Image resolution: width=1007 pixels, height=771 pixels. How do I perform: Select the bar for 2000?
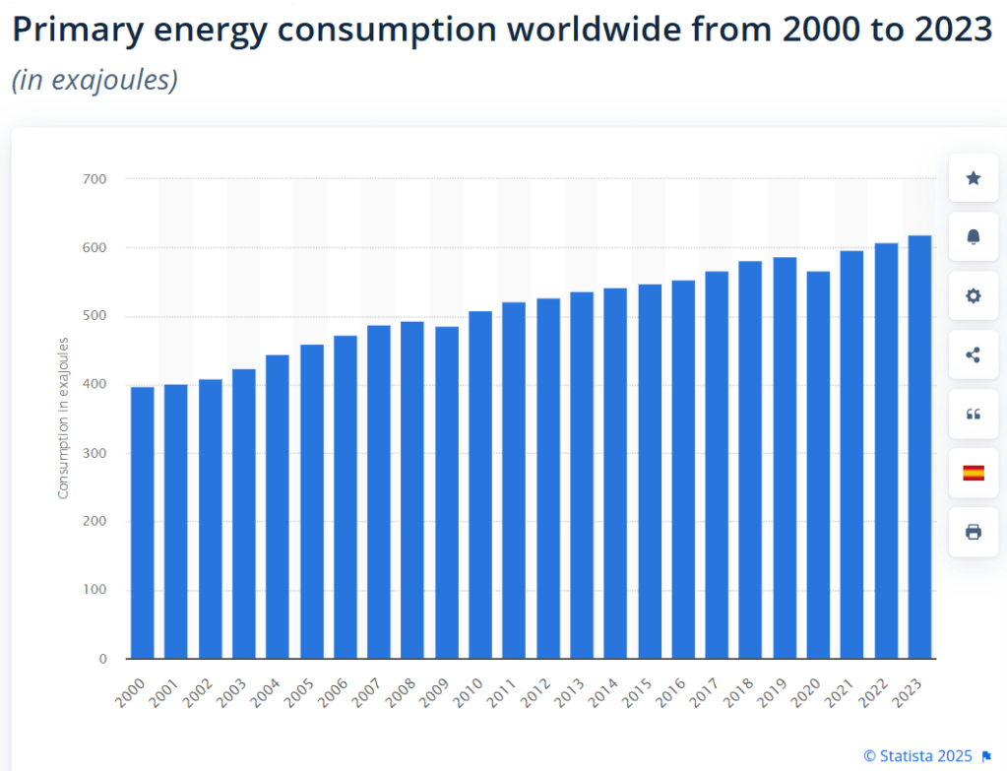click(x=142, y=523)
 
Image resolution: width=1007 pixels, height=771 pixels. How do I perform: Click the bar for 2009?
click(x=446, y=492)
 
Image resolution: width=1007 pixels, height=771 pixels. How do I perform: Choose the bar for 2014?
click(x=615, y=473)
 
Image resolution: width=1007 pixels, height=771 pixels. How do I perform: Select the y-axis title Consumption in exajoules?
click(x=63, y=418)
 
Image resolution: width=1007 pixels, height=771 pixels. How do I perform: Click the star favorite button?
click(x=974, y=178)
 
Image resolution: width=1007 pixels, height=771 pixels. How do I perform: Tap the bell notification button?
click(x=974, y=237)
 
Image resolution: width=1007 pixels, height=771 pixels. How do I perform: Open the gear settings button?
click(x=974, y=296)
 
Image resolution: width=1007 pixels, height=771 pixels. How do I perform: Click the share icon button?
click(x=974, y=355)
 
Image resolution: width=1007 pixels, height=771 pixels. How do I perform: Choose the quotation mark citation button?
click(x=974, y=415)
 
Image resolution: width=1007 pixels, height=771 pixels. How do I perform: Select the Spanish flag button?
click(x=974, y=474)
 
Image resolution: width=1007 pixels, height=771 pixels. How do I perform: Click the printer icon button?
click(x=974, y=533)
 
